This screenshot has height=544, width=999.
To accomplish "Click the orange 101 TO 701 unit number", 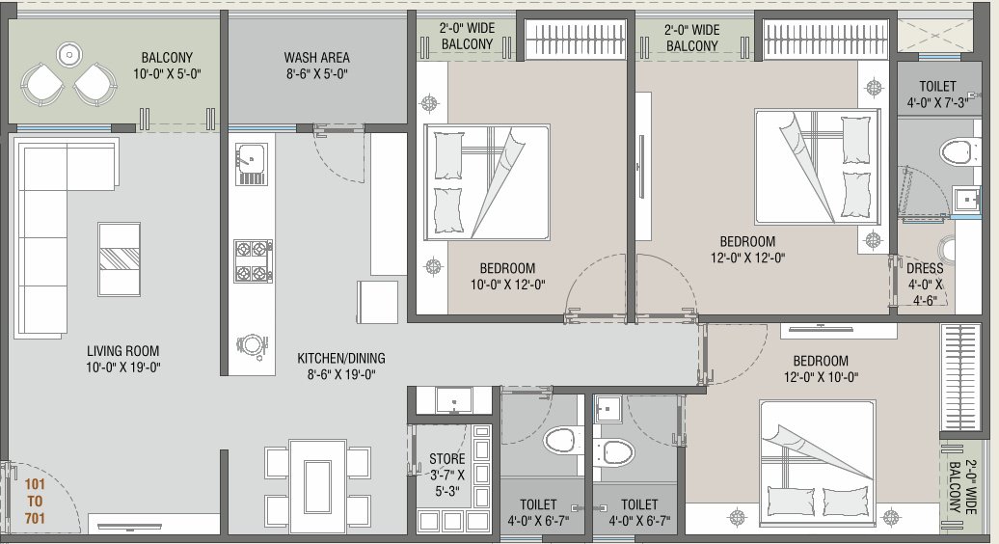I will (x=36, y=500).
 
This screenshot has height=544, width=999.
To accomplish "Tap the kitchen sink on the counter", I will (x=251, y=160).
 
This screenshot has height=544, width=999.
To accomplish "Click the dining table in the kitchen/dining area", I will (x=317, y=485).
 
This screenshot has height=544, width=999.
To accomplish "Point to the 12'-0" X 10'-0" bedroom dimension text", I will (x=820, y=377).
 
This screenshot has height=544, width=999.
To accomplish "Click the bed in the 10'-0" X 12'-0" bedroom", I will (x=487, y=181).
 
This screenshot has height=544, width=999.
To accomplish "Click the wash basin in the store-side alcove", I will (x=452, y=399).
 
